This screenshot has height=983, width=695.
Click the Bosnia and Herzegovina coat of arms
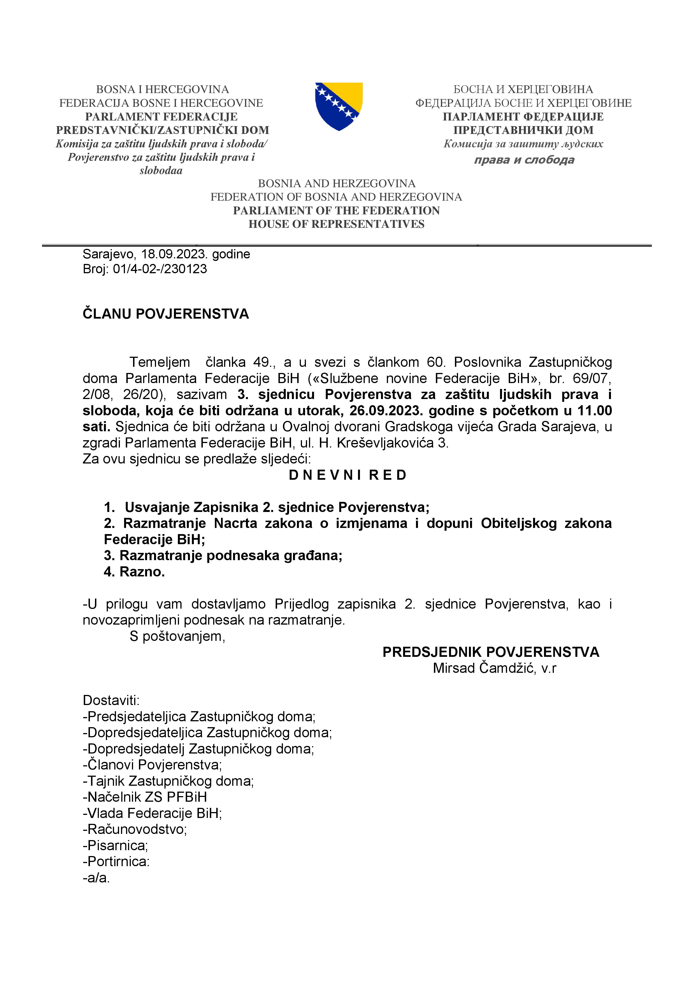[x=338, y=106]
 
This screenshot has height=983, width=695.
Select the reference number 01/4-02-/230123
[x=160, y=269]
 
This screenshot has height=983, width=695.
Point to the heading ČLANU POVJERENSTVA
[x=166, y=314]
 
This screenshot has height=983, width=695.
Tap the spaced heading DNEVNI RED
[x=347, y=475]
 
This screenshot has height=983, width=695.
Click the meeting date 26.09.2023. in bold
[x=386, y=411]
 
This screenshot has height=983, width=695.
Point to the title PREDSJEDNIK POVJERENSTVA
[x=491, y=652]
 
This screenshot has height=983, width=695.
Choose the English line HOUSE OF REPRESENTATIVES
[x=336, y=224]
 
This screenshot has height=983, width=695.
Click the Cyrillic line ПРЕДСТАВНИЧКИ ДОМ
[x=523, y=130]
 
